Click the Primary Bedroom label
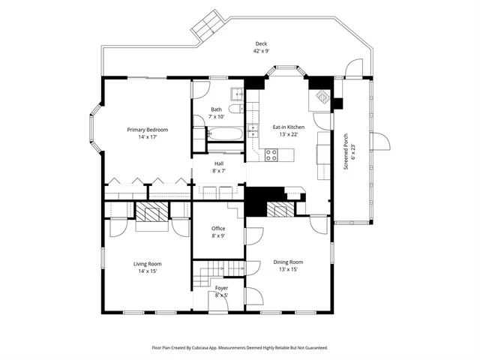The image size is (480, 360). (x=147, y=130)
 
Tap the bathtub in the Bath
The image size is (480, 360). (x=224, y=135)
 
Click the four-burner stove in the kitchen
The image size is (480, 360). (x=271, y=155)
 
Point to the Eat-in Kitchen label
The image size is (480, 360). (x=288, y=127)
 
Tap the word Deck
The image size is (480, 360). (x=260, y=43)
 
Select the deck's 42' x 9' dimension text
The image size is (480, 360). (x=260, y=51)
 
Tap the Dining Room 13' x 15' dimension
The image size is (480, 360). (x=288, y=270)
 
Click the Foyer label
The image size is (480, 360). (x=221, y=288)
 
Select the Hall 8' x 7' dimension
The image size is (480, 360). (x=218, y=171)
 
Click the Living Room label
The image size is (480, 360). (x=147, y=263)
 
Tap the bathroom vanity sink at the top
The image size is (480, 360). (x=236, y=94)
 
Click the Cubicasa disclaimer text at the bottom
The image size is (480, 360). (x=240, y=347)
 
